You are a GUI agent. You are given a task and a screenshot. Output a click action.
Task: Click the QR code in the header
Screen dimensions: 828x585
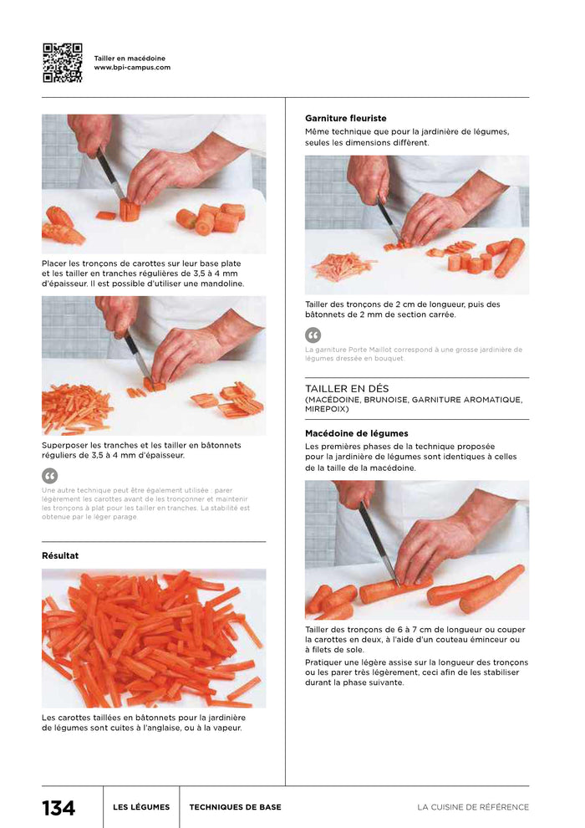click(x=62, y=63)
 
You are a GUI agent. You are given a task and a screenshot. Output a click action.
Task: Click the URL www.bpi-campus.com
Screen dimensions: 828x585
click(x=132, y=68)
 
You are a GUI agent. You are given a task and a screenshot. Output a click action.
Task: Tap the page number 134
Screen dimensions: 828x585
click(x=58, y=808)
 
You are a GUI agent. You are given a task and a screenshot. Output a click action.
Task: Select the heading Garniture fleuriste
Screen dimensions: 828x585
click(x=345, y=119)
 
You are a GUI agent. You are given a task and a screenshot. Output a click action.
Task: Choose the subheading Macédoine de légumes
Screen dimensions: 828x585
click(x=356, y=433)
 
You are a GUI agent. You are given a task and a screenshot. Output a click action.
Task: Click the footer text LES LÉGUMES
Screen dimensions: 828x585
click(x=141, y=807)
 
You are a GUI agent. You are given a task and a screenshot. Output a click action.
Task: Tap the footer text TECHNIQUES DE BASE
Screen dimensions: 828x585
click(x=235, y=807)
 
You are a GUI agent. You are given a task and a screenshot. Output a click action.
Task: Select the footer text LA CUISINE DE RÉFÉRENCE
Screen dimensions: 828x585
click(x=473, y=807)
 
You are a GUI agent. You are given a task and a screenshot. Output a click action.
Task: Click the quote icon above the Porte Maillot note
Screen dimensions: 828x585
click(x=313, y=335)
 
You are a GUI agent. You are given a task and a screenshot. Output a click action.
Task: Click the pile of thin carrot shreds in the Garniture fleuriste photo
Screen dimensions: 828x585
click(x=341, y=266)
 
